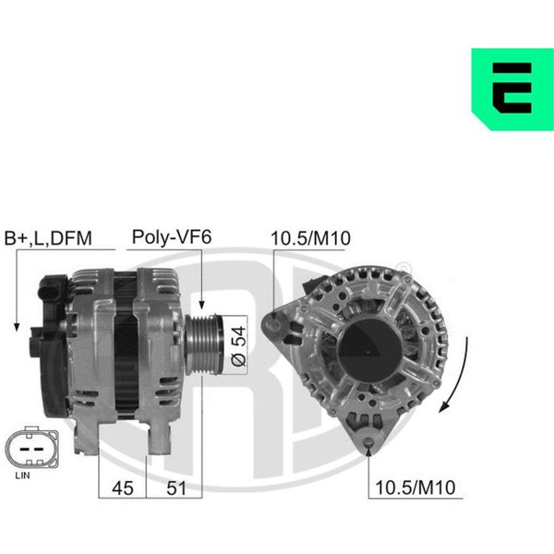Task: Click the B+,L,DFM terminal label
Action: (48, 238)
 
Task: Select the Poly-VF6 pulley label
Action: (172, 237)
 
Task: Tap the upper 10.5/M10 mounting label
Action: (310, 238)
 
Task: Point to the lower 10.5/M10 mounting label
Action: (415, 488)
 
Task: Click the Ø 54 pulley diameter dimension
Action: (238, 346)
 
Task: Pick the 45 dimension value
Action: (123, 488)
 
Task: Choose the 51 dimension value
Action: (176, 488)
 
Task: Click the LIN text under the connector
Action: (22, 476)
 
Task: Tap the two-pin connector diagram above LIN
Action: (31, 448)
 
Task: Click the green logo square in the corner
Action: (512, 89)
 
